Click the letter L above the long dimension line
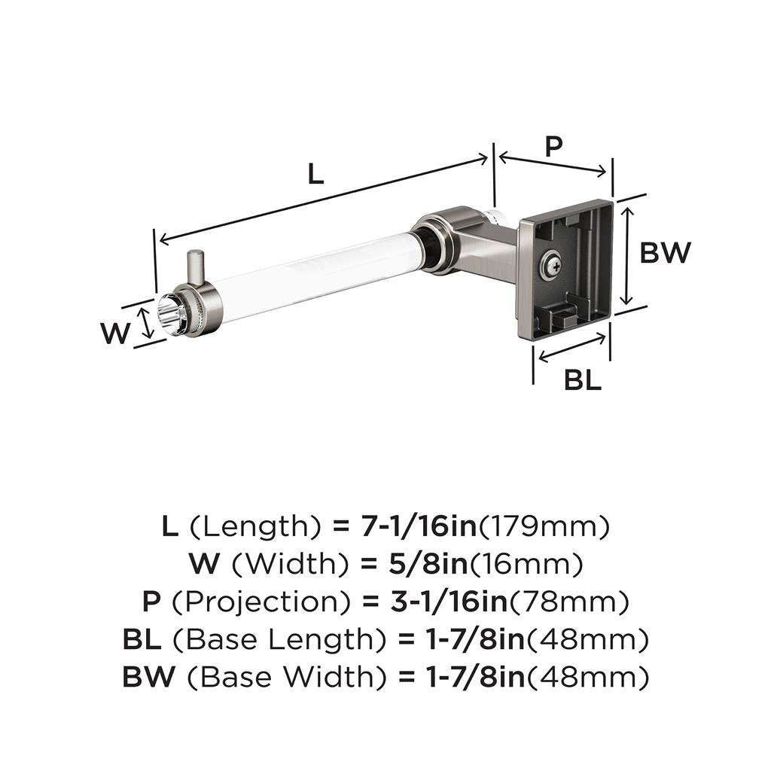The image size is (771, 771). tap(315, 174)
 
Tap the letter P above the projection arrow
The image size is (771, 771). tap(553, 146)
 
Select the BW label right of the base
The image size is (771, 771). tap(665, 253)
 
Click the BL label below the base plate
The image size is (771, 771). tap(583, 381)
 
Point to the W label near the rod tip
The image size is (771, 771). tap(116, 333)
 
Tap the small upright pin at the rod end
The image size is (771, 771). tap(197, 267)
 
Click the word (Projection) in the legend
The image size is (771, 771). tap(261, 601)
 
